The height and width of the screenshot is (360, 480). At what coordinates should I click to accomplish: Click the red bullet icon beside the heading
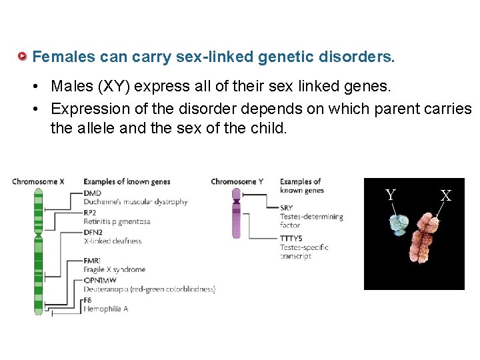[23, 57]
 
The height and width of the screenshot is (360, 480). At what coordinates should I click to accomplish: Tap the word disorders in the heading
[365, 57]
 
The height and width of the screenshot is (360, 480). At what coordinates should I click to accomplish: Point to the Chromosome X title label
[38, 182]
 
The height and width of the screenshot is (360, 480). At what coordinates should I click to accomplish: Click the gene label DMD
[93, 193]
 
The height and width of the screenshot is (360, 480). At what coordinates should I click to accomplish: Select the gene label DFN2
[93, 232]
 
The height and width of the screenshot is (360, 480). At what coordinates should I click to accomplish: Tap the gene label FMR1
[93, 261]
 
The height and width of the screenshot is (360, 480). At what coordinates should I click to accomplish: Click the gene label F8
[89, 300]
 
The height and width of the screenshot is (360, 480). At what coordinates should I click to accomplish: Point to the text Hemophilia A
[105, 309]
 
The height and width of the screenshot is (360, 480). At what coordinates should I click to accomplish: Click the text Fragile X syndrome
[115, 270]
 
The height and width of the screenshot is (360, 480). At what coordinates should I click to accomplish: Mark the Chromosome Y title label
[237, 182]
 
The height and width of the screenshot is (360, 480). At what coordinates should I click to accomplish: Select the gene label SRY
[287, 207]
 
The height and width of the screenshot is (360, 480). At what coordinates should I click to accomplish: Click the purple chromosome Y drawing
[235, 213]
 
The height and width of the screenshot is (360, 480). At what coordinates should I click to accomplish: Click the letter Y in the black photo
[391, 195]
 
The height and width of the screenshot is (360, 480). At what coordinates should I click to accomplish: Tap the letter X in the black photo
[445, 195]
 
